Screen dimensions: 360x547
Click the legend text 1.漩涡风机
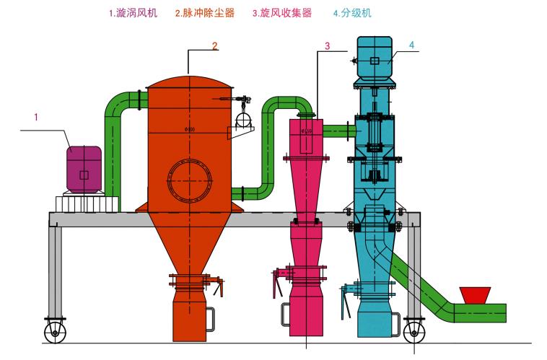click(133, 13)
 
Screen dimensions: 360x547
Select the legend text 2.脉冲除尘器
click(205, 13)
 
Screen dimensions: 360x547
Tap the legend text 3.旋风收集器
click(282, 13)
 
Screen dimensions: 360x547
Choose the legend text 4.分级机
click(354, 13)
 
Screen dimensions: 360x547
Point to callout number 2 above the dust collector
click(214, 45)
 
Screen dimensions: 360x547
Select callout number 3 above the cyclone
click(327, 46)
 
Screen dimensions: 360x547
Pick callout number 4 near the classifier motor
click(411, 45)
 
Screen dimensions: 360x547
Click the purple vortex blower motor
click(84, 169)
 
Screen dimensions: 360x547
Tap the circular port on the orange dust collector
click(191, 181)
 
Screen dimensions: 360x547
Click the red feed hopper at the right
click(474, 294)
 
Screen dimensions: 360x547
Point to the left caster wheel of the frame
click(55, 331)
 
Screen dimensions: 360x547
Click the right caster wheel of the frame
click(413, 331)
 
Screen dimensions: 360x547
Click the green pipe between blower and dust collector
click(114, 144)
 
